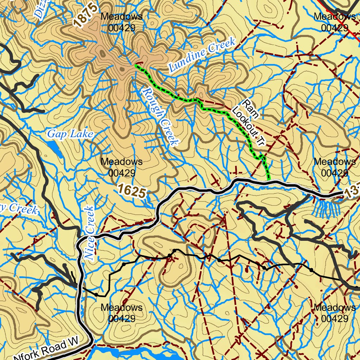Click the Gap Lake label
[x=70, y=134]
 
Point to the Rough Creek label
[x=160, y=116]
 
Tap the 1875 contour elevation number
[x=85, y=15]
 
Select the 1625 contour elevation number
[x=132, y=191]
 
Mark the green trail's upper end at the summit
[x=136, y=65]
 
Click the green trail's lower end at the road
[x=268, y=180]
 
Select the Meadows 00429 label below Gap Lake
[x=121, y=167]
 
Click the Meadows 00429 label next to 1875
[x=121, y=22]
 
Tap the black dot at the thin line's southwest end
[x=96, y=294]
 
